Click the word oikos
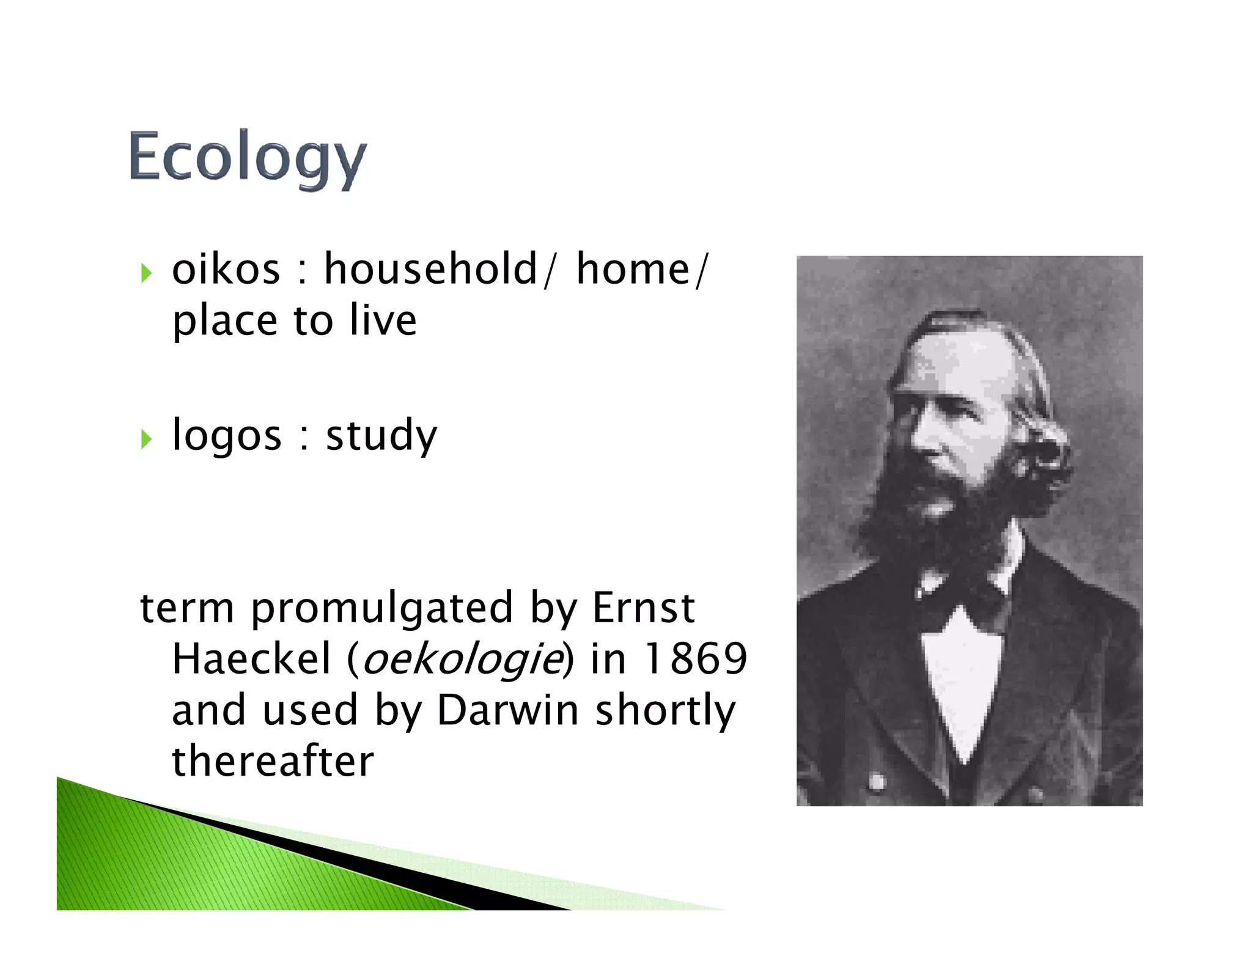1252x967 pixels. click(x=226, y=270)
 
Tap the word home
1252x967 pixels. click(x=633, y=270)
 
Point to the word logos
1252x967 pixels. click(x=227, y=436)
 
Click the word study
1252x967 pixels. click(x=381, y=436)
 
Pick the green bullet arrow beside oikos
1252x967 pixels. click(x=146, y=273)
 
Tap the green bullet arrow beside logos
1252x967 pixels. click(x=146, y=438)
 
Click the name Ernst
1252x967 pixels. click(x=643, y=608)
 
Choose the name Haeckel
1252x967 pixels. click(x=251, y=659)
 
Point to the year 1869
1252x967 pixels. click(x=696, y=659)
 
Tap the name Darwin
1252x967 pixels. click(x=507, y=710)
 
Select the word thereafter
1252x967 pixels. click(x=273, y=761)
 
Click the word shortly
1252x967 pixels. click(x=665, y=711)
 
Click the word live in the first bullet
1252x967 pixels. click(x=383, y=320)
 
